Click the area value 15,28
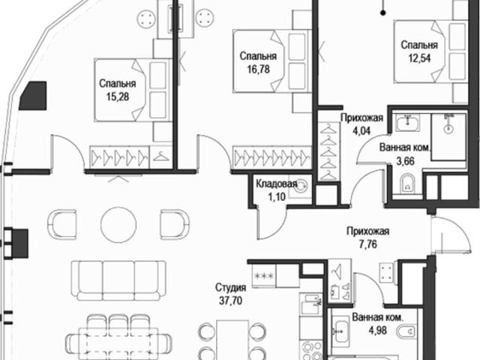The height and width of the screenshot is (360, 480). click(x=118, y=97)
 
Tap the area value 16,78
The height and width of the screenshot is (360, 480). click(x=258, y=70)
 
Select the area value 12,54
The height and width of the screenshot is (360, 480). click(x=419, y=58)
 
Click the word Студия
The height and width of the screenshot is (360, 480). click(x=230, y=288)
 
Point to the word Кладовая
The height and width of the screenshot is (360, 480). click(x=277, y=184)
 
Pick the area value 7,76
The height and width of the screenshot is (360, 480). click(x=367, y=244)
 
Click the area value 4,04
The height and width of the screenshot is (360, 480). click(x=361, y=131)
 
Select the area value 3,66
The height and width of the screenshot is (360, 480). click(x=406, y=161)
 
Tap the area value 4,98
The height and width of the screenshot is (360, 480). click(x=378, y=331)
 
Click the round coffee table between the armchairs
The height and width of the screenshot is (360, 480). click(x=118, y=224)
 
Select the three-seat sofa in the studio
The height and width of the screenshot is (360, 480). click(x=118, y=280)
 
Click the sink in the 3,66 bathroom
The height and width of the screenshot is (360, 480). click(x=407, y=123)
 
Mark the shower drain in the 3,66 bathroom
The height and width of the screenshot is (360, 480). click(x=448, y=130)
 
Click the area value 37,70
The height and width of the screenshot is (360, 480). click(x=230, y=301)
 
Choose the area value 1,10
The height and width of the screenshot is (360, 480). click(x=277, y=196)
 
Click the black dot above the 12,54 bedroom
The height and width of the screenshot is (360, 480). click(x=383, y=13)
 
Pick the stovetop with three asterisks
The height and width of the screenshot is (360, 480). click(x=264, y=276)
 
